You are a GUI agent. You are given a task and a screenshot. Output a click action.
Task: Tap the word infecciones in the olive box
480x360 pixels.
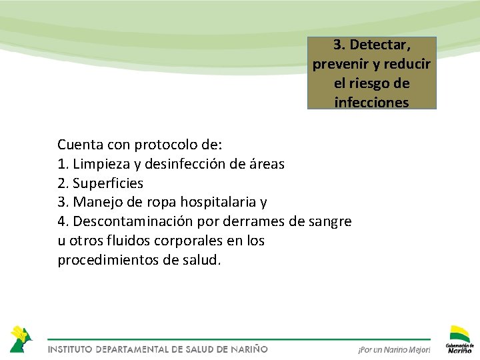click(x=372, y=102)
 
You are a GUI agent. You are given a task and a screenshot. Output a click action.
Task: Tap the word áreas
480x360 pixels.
click(x=265, y=163)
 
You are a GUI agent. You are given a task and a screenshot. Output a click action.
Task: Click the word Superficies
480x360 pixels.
click(x=108, y=183)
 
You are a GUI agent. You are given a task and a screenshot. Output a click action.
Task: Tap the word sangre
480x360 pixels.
click(x=329, y=221)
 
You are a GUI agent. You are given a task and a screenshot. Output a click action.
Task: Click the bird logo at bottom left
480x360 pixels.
click(x=20, y=339)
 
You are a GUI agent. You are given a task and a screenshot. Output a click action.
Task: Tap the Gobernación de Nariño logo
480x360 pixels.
click(x=459, y=339)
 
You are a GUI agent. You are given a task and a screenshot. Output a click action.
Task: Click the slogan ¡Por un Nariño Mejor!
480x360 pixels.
click(x=394, y=349)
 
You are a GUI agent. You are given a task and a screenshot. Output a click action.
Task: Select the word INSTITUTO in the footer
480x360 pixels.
click(x=69, y=349)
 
